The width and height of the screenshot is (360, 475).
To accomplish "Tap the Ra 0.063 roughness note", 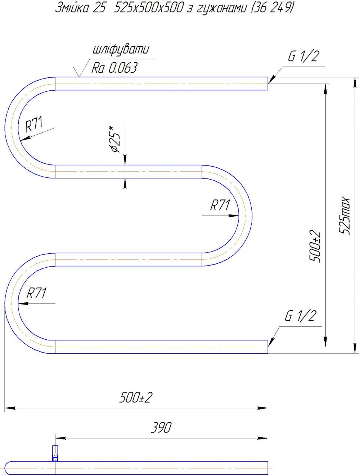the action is pos(114,68).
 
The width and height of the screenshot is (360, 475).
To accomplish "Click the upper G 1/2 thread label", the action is pos(303,56).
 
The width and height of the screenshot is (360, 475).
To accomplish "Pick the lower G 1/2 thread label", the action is pos(300,316).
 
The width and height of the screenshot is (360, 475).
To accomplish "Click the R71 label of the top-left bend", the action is pos(34,124).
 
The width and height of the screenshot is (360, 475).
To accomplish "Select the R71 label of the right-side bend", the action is pos(220,205).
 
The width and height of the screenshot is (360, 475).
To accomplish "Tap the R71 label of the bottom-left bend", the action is pos(36,293).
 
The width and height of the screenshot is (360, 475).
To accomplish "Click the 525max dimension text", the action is pos(344,216).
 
